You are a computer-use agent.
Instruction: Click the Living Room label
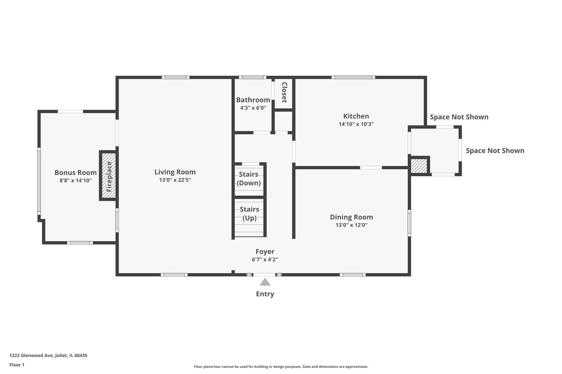(x=175, y=172)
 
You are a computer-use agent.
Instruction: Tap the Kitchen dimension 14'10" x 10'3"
(x=356, y=124)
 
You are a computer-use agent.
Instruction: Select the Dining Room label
(x=351, y=217)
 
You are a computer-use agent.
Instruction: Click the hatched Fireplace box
(x=109, y=176)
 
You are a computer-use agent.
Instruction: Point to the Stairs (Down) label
(x=248, y=179)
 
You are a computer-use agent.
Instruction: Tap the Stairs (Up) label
(x=249, y=214)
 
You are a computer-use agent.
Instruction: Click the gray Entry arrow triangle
(x=265, y=282)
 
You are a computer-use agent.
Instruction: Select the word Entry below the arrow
(x=265, y=294)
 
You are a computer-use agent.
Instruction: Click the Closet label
(x=284, y=92)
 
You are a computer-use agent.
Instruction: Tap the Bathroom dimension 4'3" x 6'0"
(x=253, y=108)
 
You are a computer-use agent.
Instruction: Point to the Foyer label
(x=265, y=252)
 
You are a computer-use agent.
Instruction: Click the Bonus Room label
(x=75, y=172)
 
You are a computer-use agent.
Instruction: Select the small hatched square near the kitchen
(x=419, y=166)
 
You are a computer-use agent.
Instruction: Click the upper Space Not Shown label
(x=459, y=117)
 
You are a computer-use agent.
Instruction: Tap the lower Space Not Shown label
(x=495, y=151)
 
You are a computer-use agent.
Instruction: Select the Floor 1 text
(x=17, y=365)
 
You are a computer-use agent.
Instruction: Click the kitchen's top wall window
(x=353, y=78)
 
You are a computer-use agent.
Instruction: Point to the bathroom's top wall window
(x=252, y=78)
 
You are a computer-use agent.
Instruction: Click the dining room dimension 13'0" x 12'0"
(x=351, y=225)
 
